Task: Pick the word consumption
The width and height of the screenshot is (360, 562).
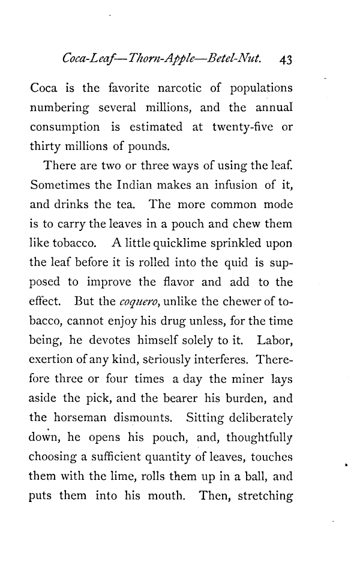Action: coord(65,128)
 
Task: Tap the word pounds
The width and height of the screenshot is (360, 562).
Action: coord(148,146)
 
